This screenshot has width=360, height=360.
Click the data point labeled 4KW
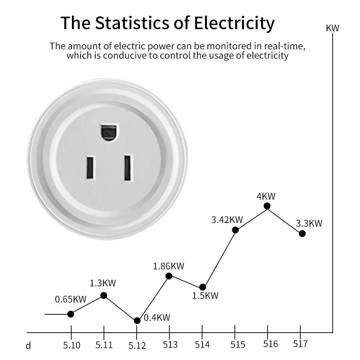tap(267, 206)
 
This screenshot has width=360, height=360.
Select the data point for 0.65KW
tap(70, 314)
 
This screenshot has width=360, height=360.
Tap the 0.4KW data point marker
tap(137, 320)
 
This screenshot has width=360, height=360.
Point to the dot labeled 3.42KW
tap(235, 230)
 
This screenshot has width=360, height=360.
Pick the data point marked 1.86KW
tap(169, 276)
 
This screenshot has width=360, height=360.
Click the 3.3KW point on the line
tap(302, 233)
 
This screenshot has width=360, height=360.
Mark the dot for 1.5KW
tap(202, 287)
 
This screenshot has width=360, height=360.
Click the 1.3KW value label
tap(103, 283)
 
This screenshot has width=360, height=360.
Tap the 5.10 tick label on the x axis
tap(72, 345)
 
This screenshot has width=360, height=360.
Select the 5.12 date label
tap(137, 346)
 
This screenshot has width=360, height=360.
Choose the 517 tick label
tap(300, 344)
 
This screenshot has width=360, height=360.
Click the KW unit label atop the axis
tap(332, 28)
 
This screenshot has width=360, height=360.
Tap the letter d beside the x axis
tap(28, 346)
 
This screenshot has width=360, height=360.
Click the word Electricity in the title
tap(234, 23)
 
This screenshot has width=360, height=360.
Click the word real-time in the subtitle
tap(286, 46)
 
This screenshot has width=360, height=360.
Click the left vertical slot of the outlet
tap(90, 168)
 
